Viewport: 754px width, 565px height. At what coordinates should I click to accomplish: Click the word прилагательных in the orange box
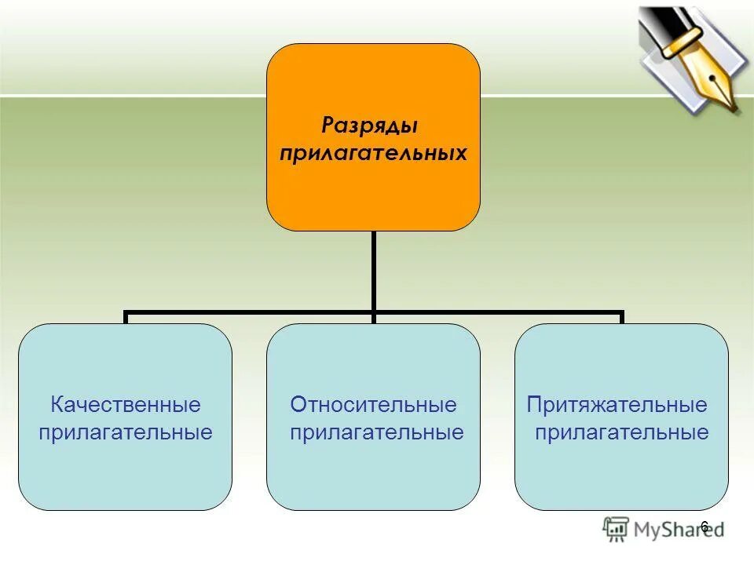click(373, 152)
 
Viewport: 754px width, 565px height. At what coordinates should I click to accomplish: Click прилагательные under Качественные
click(126, 432)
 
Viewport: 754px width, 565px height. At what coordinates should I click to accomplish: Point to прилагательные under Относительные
click(377, 432)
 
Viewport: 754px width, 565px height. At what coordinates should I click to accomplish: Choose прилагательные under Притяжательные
click(622, 432)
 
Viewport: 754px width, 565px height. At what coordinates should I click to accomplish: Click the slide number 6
click(705, 527)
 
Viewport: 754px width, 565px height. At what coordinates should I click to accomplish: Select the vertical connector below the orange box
click(373, 271)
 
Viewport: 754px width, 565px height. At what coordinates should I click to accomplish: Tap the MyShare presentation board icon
click(617, 530)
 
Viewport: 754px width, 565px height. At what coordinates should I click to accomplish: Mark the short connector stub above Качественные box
click(126, 318)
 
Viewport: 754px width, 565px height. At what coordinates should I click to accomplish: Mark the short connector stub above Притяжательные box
click(621, 318)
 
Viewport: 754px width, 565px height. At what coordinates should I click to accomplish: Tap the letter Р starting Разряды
click(328, 126)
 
